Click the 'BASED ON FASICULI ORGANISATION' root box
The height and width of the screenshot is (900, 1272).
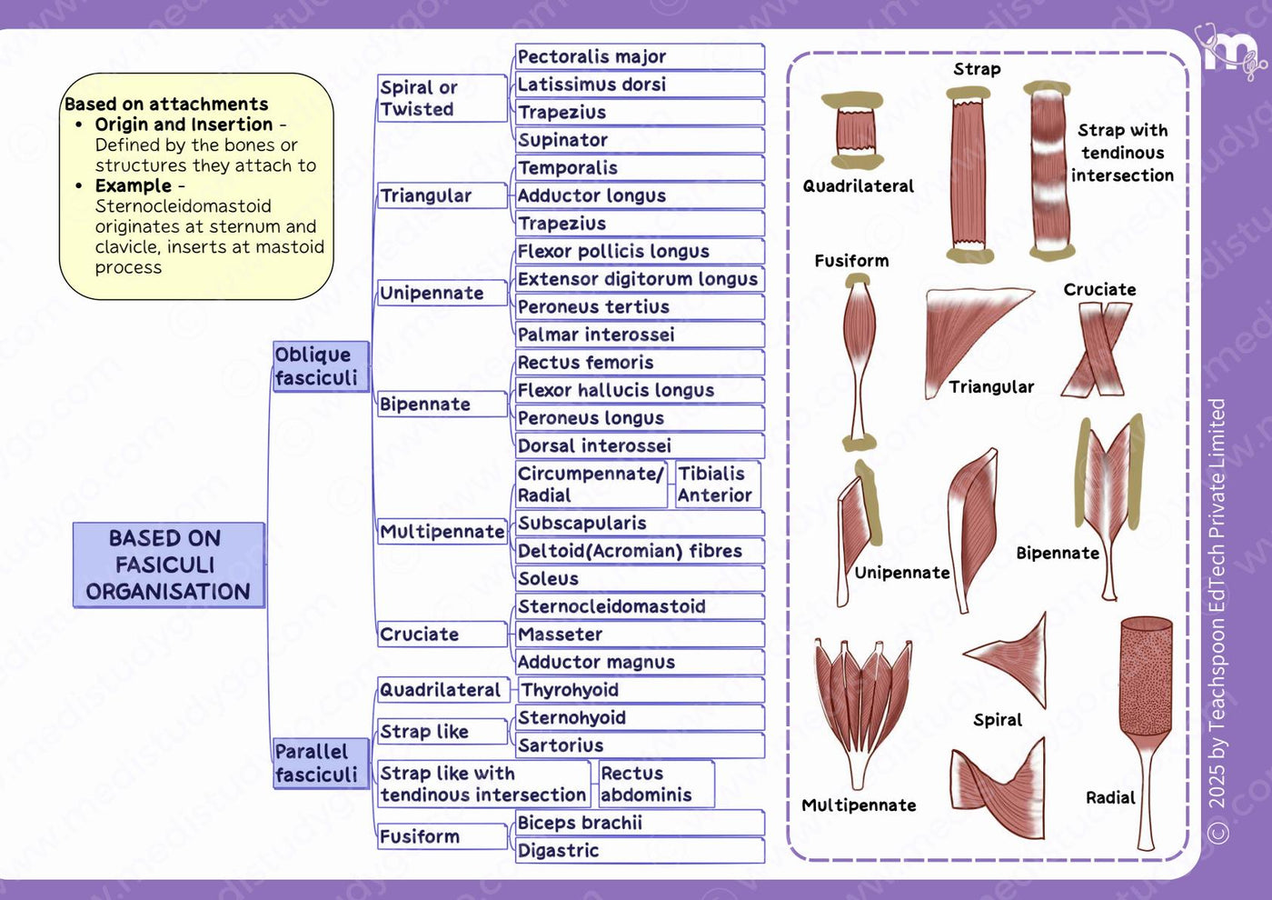pyautogui.click(x=169, y=565)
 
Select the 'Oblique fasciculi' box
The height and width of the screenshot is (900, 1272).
pyautogui.click(x=321, y=366)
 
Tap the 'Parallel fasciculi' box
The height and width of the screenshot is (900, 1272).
pyautogui.click(x=321, y=763)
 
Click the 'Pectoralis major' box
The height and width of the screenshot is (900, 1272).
pyautogui.click(x=640, y=56)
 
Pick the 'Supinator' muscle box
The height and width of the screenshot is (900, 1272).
pyautogui.click(x=640, y=140)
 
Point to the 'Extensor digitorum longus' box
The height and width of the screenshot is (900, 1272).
pyautogui.click(x=640, y=279)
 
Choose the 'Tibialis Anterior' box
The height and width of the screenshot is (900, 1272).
pyautogui.click(x=718, y=484)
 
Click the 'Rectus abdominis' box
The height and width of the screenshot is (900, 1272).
pyautogui.click(x=656, y=784)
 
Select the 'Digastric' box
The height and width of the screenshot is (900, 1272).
pyautogui.click(x=640, y=851)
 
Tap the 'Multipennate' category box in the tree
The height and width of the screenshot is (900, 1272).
pyautogui.click(x=442, y=532)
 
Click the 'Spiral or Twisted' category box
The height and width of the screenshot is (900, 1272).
pyautogui.click(x=442, y=98)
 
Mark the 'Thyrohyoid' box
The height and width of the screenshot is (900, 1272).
pyautogui.click(x=641, y=690)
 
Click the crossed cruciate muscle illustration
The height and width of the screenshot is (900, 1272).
pyautogui.click(x=1096, y=349)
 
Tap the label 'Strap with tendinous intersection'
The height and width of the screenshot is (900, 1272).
pyautogui.click(x=1122, y=153)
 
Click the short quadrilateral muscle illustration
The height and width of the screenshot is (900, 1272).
pyautogui.click(x=856, y=130)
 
